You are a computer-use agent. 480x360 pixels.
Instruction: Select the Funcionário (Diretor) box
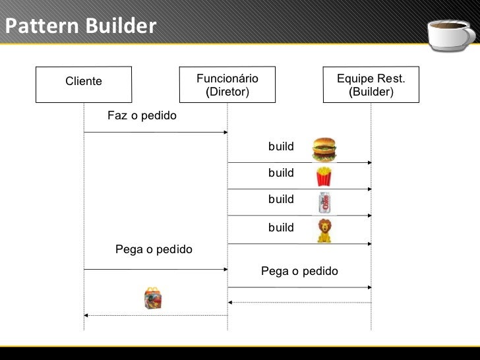pos(227,84)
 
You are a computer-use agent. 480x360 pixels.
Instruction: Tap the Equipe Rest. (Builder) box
pos(371,84)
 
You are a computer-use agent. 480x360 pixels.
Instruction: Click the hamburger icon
pos(324,149)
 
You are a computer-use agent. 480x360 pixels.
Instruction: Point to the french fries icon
pos(323,176)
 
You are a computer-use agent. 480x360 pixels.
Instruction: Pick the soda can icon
pos(324,202)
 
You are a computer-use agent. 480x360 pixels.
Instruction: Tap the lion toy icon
pos(324,230)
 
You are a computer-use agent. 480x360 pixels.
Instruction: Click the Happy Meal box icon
pos(152,299)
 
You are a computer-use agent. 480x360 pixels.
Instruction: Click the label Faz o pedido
pos(142,116)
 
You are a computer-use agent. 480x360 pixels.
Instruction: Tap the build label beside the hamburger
pos(281,146)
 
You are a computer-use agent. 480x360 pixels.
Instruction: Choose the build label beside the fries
pos(281,173)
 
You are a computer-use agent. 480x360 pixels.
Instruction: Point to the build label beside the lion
pos(281,227)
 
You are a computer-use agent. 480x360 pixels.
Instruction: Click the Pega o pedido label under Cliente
pos(154,250)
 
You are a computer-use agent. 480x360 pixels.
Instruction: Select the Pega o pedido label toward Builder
pos(299,271)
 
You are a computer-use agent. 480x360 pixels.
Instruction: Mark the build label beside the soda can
pos(281,199)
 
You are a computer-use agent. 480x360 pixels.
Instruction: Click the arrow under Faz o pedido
pos(156,133)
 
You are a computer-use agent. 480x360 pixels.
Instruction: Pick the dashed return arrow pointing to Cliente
pos(156,316)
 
